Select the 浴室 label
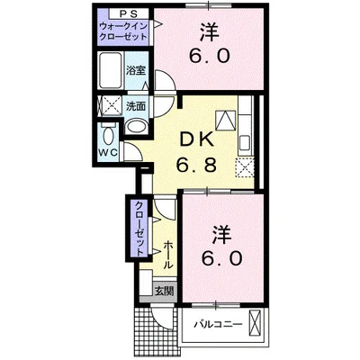coord(137,69)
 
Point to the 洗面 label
coord(137,104)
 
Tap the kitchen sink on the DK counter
coord(225,121)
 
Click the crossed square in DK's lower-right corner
coord(243,166)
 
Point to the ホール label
coord(168,253)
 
